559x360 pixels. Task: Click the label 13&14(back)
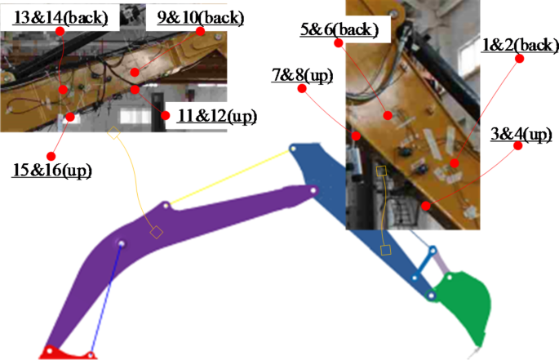pos(61,16)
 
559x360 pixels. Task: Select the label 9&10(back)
pos(180,16)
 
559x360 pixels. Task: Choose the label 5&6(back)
pos(339,31)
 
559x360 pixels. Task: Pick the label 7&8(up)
pos(302,76)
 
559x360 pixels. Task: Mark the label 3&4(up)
pos(521,135)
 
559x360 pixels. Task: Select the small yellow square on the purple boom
pos(156,233)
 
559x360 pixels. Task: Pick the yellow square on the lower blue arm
pos(386,250)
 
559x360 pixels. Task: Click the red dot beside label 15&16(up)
pos(54,154)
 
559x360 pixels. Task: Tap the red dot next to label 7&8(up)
pos(303,90)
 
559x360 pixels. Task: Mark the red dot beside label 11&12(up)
pos(166,116)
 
